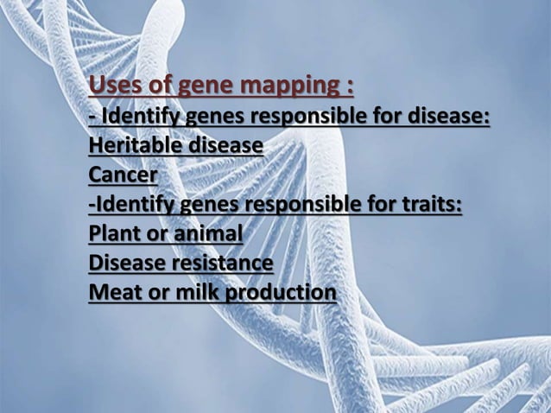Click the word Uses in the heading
tap(112, 88)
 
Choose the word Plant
tap(112, 235)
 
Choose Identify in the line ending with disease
tap(142, 117)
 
